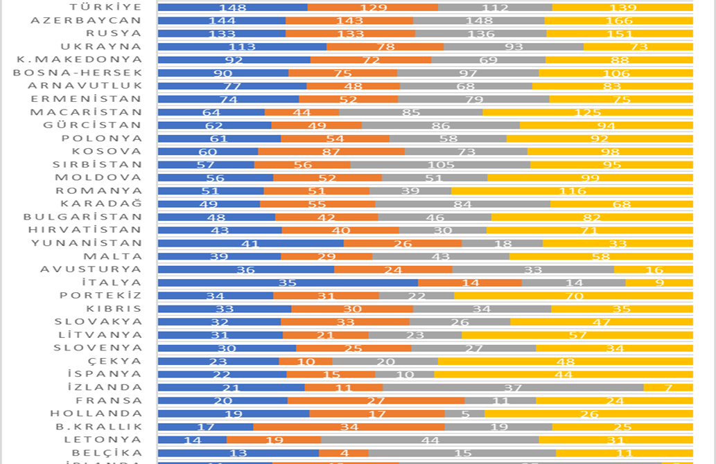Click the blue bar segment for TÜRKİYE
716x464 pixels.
tap(232, 8)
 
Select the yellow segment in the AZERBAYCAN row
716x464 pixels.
tap(618, 21)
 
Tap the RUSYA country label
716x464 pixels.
tap(114, 33)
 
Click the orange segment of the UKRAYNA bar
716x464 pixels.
tap(385, 47)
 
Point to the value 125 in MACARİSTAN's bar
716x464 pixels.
tap(588, 112)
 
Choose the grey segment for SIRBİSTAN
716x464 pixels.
tap(440, 165)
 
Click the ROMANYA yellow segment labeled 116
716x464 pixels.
tap(572, 191)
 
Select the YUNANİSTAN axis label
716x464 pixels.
tap(87, 243)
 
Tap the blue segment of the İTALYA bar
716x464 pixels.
tap(288, 283)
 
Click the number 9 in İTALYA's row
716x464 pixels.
tap(659, 283)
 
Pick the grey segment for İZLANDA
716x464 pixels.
tap(513, 388)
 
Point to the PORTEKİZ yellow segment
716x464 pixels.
tap(573, 296)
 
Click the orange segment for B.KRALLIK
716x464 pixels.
tap(349, 427)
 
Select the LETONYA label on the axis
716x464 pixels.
tap(103, 440)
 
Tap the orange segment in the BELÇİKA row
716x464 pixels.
tap(343, 453)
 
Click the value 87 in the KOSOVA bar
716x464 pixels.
tap(331, 152)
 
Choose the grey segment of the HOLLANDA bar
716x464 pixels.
tap(464, 414)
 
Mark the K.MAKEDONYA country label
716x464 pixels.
tap(79, 60)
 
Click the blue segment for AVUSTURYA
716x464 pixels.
tap(246, 269)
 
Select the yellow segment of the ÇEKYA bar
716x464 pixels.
tap(565, 362)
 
